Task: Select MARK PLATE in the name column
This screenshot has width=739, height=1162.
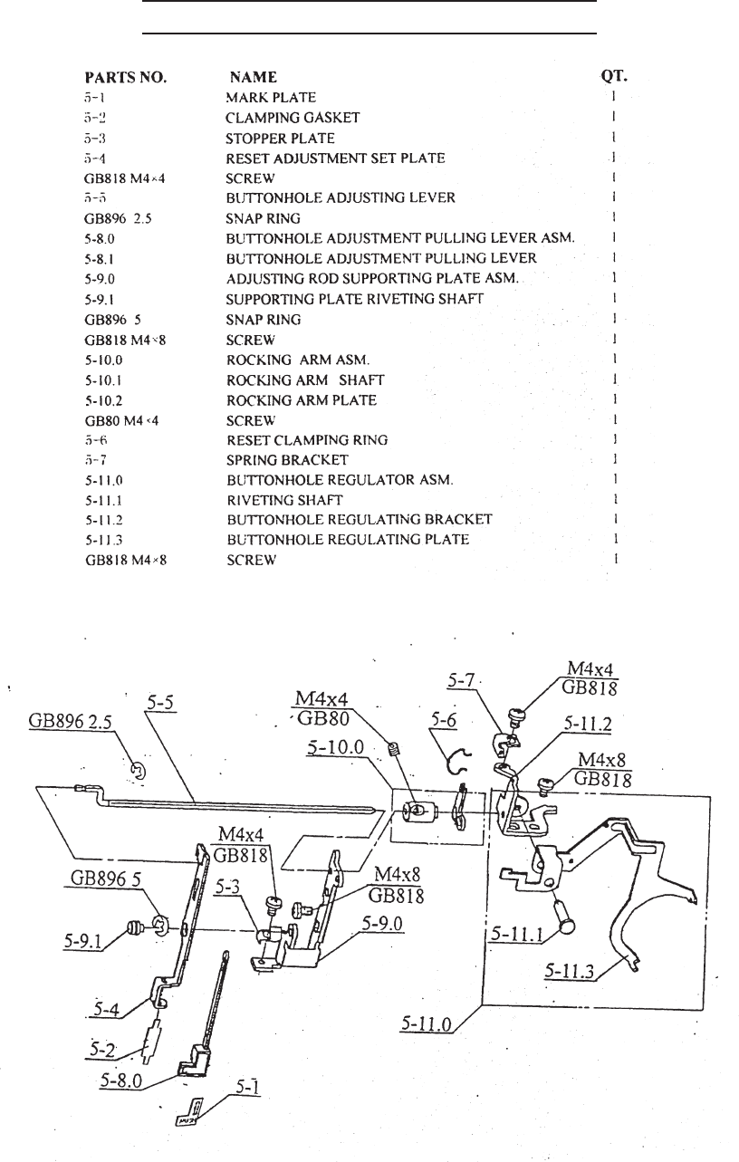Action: pyautogui.click(x=271, y=97)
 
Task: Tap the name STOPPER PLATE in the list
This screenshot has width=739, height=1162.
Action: pyautogui.click(x=280, y=138)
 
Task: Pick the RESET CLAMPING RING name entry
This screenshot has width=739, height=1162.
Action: pyautogui.click(x=306, y=440)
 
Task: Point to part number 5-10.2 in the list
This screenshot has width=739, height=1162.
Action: pyautogui.click(x=109, y=400)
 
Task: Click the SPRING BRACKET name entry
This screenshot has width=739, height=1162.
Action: pyautogui.click(x=286, y=460)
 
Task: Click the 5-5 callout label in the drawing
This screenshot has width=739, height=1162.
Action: pyautogui.click(x=162, y=703)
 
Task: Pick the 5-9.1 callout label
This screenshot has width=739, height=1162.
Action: pyautogui.click(x=82, y=942)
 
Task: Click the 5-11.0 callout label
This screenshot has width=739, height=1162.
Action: pyautogui.click(x=428, y=1023)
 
